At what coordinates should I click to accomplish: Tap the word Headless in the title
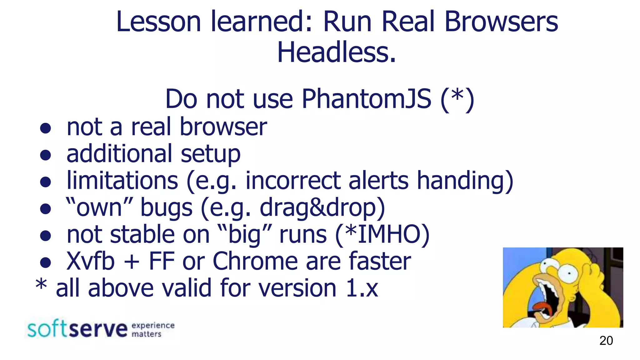pos(336,52)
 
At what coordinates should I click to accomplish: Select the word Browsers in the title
pos(501,22)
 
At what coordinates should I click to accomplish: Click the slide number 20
pos(606,341)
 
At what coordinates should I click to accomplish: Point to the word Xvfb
pos(91,261)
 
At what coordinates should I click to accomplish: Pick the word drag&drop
pos(318,207)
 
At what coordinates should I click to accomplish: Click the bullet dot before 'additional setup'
pos(46,155)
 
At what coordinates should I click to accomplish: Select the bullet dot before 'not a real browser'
pos(46,128)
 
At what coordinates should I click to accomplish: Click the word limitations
pos(122,181)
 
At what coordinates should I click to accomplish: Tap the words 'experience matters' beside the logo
pos(152,330)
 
